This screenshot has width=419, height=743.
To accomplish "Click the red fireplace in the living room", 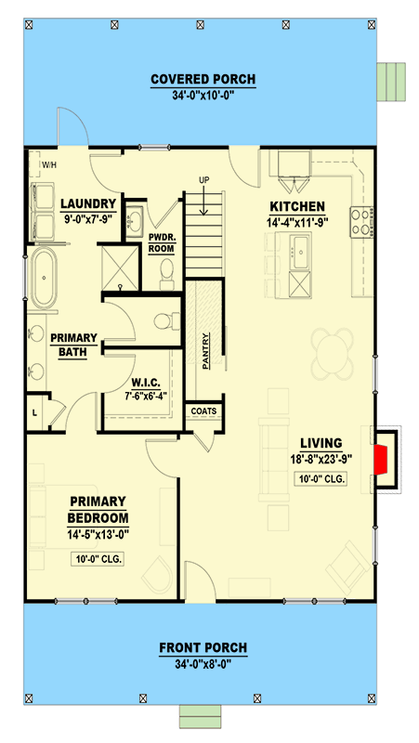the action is pyautogui.click(x=381, y=459).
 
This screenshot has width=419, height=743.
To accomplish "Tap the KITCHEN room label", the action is pyautogui.click(x=297, y=206).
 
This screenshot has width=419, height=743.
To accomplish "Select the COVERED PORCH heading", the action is pyautogui.click(x=203, y=79).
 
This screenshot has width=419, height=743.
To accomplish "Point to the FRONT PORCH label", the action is pyautogui.click(x=203, y=647).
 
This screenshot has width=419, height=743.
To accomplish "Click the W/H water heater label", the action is pyautogui.click(x=49, y=165).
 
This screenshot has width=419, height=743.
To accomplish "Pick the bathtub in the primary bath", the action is pyautogui.click(x=44, y=278).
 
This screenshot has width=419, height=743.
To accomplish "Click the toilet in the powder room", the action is pyautogui.click(x=167, y=274).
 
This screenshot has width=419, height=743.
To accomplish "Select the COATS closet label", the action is pyautogui.click(x=203, y=411).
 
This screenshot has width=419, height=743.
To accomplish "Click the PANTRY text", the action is pyautogui.click(x=205, y=351).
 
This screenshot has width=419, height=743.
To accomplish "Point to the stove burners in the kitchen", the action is pyautogui.click(x=361, y=222).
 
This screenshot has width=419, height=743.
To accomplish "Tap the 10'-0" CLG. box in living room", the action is pyautogui.click(x=320, y=479).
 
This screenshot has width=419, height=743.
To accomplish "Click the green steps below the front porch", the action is pyautogui.click(x=200, y=716).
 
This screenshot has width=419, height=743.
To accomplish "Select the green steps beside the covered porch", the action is pyautogui.click(x=391, y=82).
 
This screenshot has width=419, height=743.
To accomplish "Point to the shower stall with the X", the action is pyautogui.click(x=120, y=267).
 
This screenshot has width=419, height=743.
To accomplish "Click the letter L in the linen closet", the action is pyautogui.click(x=34, y=412).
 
